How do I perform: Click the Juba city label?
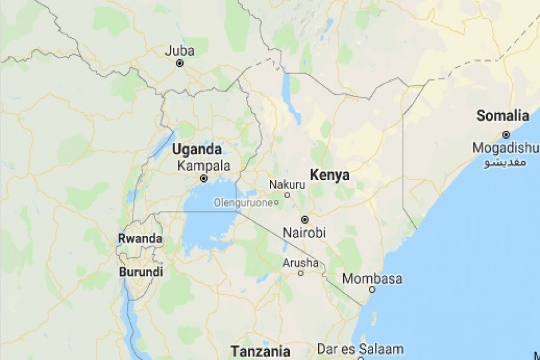pos(179,51)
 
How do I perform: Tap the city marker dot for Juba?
pos(179,63)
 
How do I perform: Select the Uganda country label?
pos(197,149)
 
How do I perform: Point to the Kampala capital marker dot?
pos(204,178)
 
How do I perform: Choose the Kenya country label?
pos(329,175)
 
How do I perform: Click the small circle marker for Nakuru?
pos(287,195)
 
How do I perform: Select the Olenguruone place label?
pos(243,203)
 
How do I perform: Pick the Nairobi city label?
pos(304,233)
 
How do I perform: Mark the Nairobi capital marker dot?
pos(305,220)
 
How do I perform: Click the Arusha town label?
pos(301,263)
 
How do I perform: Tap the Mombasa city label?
pos(372,279)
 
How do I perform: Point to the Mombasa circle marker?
pos(372,290)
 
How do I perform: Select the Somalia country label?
pos(503,116)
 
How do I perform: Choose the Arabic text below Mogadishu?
pos(505,163)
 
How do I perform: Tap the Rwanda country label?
pos(140,238)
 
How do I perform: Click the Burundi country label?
pos(141,272)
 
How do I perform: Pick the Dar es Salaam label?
pos(361,349)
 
